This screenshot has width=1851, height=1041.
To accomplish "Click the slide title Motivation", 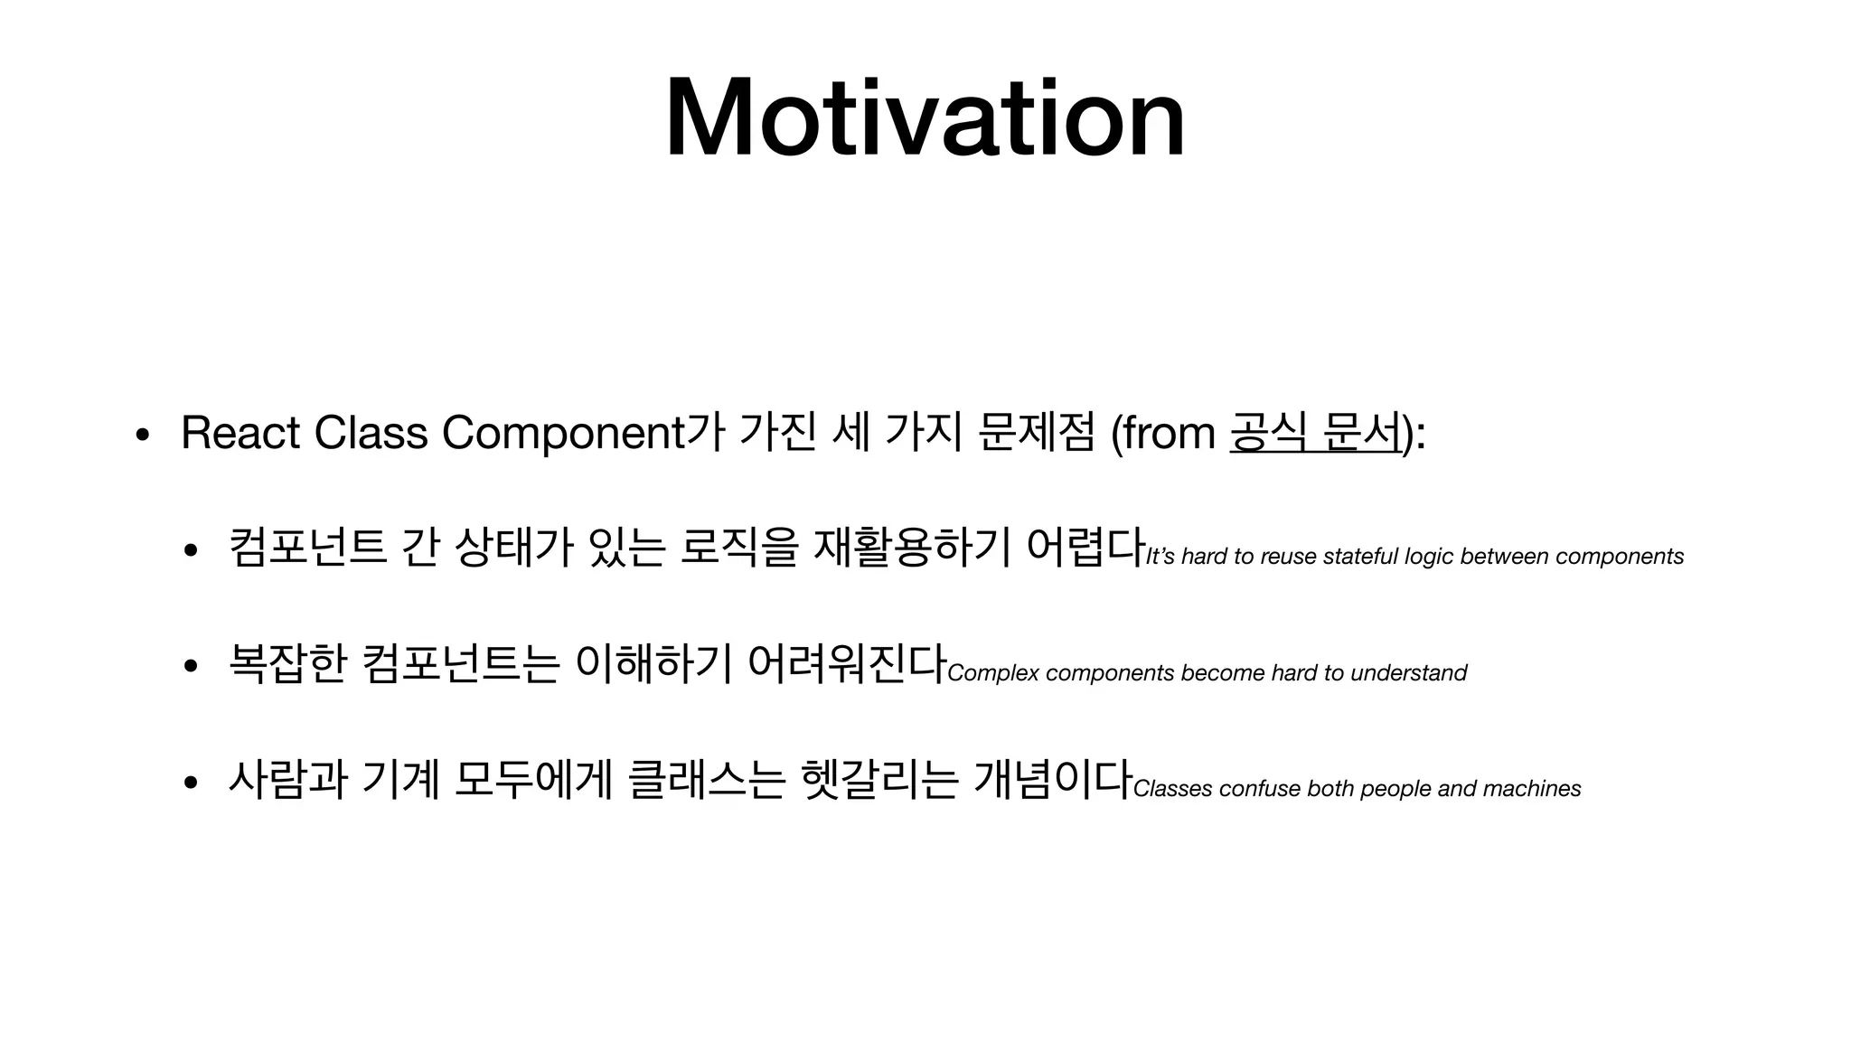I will (x=925, y=119).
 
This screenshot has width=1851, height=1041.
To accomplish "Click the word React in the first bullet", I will (x=240, y=432).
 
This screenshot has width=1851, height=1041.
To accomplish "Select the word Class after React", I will (x=371, y=432).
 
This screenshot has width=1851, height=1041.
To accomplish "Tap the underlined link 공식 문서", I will (x=1315, y=432).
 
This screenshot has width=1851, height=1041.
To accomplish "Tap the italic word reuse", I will (x=1289, y=557).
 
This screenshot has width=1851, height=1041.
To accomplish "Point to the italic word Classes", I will (x=1172, y=789).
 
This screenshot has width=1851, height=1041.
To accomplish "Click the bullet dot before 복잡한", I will (x=191, y=668).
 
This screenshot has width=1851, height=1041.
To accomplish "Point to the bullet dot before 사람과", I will (x=191, y=783).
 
